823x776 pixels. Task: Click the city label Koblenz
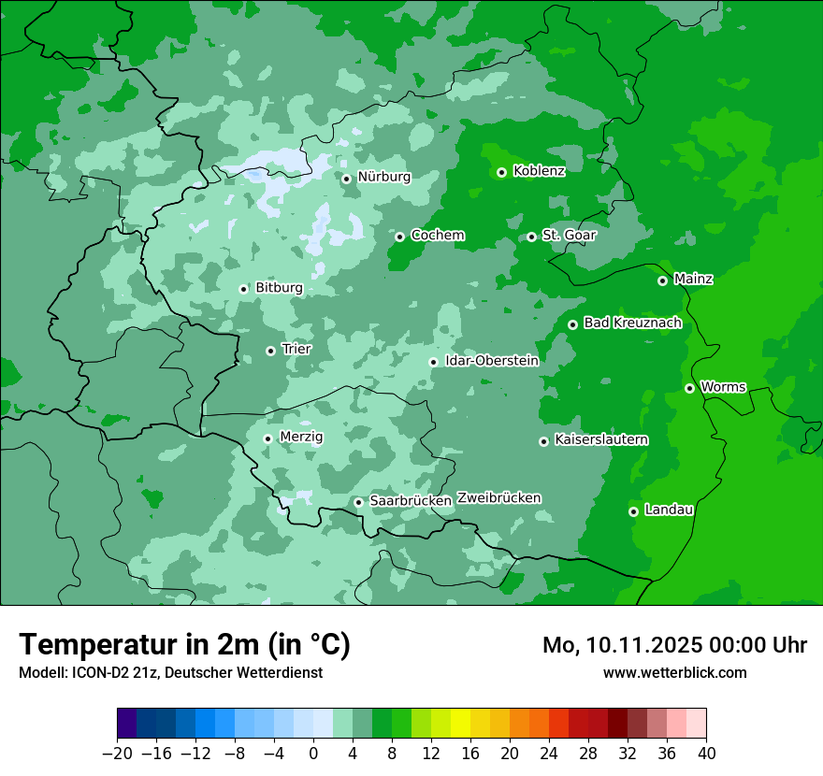(x=539, y=170)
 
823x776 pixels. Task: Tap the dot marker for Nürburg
(x=346, y=178)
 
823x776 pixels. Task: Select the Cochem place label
(x=438, y=235)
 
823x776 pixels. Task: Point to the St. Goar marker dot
(x=531, y=237)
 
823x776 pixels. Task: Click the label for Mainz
(x=693, y=279)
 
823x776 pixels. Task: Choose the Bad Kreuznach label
(x=632, y=323)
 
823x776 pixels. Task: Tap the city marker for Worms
(x=689, y=388)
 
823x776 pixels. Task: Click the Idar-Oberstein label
(x=492, y=360)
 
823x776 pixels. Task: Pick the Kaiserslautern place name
(x=600, y=439)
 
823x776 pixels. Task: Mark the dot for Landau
(x=633, y=511)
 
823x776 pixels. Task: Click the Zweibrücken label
(x=498, y=497)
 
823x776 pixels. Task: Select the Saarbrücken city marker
(x=358, y=502)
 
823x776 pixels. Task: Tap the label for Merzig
(x=301, y=437)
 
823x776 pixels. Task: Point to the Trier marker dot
(x=270, y=351)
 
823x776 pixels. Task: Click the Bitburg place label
(x=279, y=288)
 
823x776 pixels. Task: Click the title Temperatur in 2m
(x=184, y=644)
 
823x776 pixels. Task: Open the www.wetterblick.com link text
(x=674, y=672)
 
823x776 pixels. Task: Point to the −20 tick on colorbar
(x=118, y=754)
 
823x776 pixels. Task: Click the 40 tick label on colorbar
(x=706, y=754)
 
